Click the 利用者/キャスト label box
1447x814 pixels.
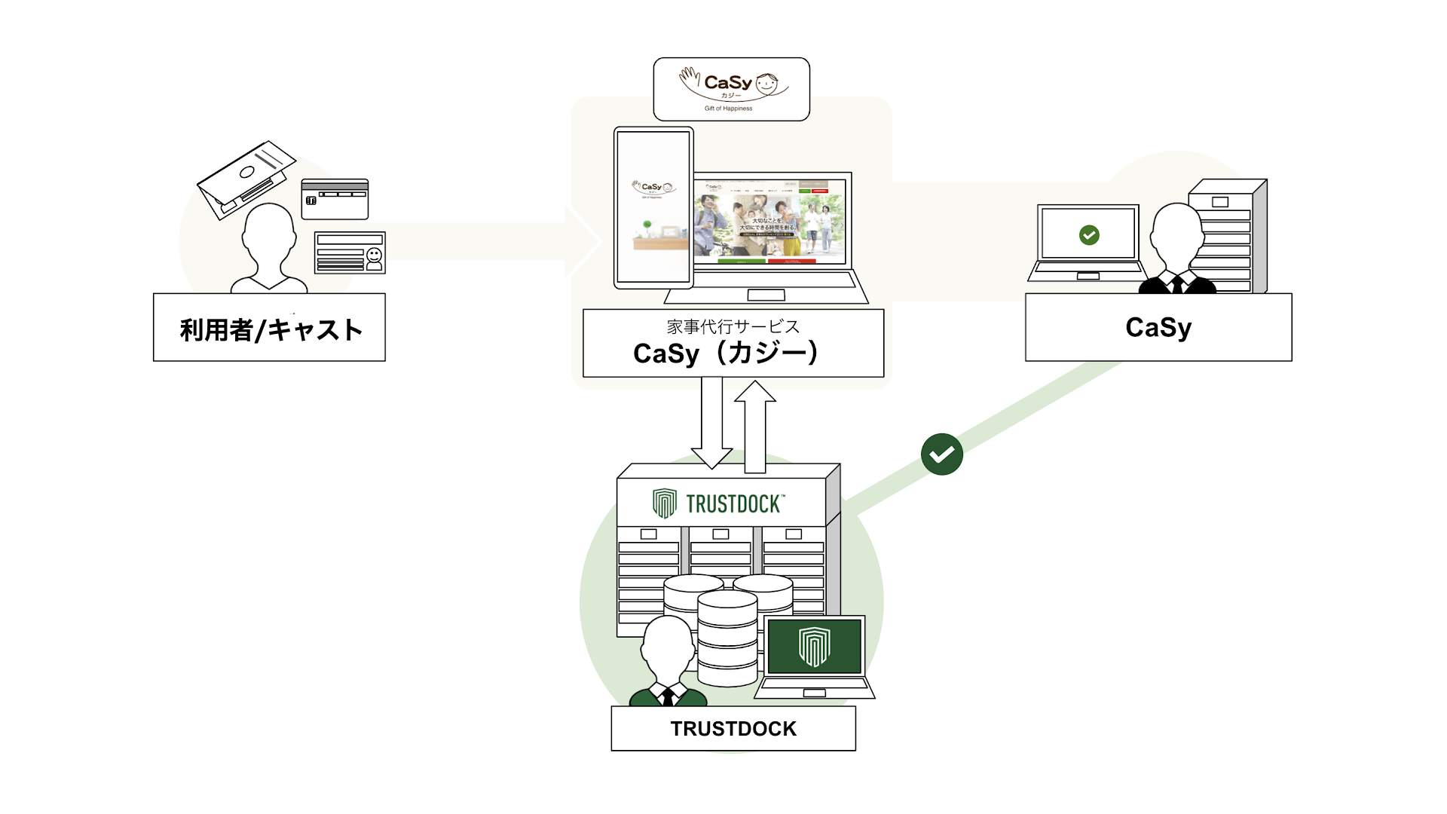point(269,328)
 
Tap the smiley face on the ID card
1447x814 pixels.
point(374,256)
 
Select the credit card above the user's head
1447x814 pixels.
point(335,199)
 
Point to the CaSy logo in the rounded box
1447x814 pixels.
point(731,88)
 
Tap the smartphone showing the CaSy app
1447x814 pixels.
point(653,208)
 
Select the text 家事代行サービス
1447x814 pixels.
point(733,326)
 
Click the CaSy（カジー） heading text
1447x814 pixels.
point(726,353)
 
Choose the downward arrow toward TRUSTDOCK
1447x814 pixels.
point(711,422)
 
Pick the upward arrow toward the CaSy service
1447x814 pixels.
point(755,426)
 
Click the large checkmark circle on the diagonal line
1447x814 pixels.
point(942,454)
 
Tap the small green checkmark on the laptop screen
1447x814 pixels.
point(1089,235)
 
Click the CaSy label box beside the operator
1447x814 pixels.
point(1158,327)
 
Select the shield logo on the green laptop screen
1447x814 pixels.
point(814,646)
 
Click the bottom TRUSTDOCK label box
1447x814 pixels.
point(733,728)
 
